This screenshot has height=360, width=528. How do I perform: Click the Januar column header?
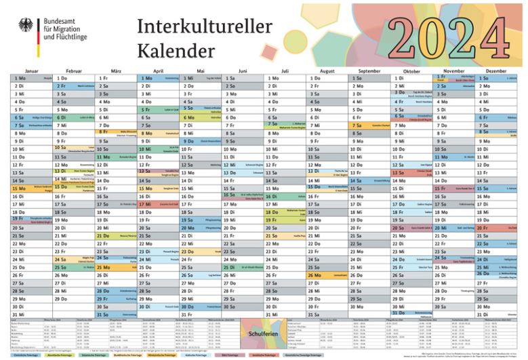(x=31, y=71)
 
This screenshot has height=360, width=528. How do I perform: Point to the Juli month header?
(x=285, y=71)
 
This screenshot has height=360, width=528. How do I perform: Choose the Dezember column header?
(x=495, y=71)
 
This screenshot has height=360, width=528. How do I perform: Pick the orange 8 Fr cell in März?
(x=116, y=133)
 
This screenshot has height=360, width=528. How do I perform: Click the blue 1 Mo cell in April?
(x=158, y=78)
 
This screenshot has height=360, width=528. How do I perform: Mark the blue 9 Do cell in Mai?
(x=201, y=141)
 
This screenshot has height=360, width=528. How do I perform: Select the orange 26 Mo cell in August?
(x=327, y=275)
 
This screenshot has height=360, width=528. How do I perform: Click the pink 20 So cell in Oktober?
(x=411, y=228)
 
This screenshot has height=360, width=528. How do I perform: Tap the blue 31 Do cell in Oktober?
(x=411, y=314)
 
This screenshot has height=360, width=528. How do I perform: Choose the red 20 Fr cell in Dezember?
(x=495, y=228)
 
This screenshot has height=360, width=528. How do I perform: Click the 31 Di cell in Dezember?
(x=495, y=314)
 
